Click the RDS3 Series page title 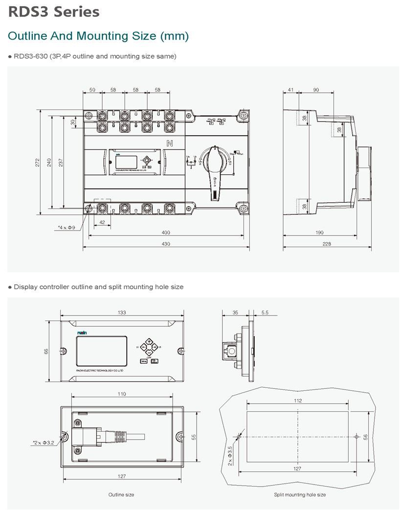[x=54, y=12]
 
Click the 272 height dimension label [x=38, y=162]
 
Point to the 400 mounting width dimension [x=166, y=233]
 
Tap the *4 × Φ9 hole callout [x=67, y=228]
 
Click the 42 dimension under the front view [x=102, y=223]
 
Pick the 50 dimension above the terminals [x=92, y=90]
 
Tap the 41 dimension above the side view [x=291, y=90]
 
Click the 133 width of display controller [x=122, y=313]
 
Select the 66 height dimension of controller [x=46, y=351]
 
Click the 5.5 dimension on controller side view [x=265, y=313]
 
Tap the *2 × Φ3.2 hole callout [x=45, y=443]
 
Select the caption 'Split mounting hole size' [x=299, y=495]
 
